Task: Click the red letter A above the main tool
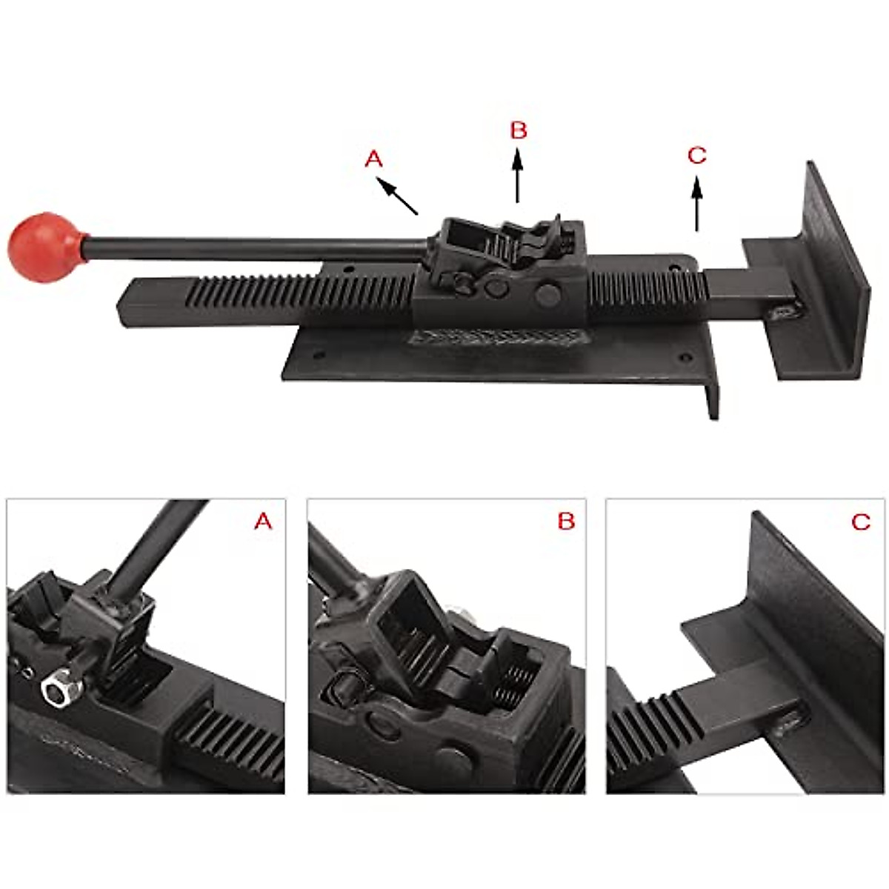tap(374, 159)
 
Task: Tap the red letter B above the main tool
tap(519, 130)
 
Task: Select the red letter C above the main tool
tap(697, 156)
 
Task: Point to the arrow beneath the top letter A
tap(399, 196)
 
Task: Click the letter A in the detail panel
tap(263, 522)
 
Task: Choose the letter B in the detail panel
tap(566, 522)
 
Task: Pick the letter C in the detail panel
tap(861, 522)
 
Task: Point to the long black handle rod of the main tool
tap(252, 246)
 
